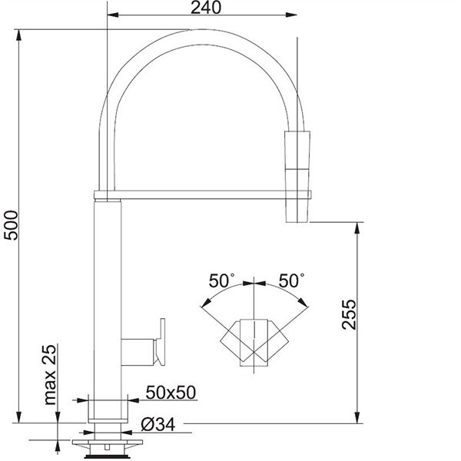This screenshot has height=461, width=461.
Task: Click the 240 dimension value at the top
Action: click(x=206, y=8)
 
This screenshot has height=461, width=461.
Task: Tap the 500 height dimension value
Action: click(x=12, y=226)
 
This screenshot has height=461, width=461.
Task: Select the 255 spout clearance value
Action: click(x=350, y=314)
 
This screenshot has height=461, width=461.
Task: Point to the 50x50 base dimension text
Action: click(x=171, y=392)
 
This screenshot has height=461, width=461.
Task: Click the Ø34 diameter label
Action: click(x=158, y=425)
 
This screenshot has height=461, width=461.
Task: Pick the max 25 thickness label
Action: click(x=49, y=375)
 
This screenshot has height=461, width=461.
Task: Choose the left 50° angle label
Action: click(x=222, y=280)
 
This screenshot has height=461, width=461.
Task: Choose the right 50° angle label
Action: click(x=291, y=280)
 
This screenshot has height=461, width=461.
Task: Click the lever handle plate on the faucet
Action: click(x=161, y=342)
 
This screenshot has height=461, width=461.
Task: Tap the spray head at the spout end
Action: click(x=297, y=177)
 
